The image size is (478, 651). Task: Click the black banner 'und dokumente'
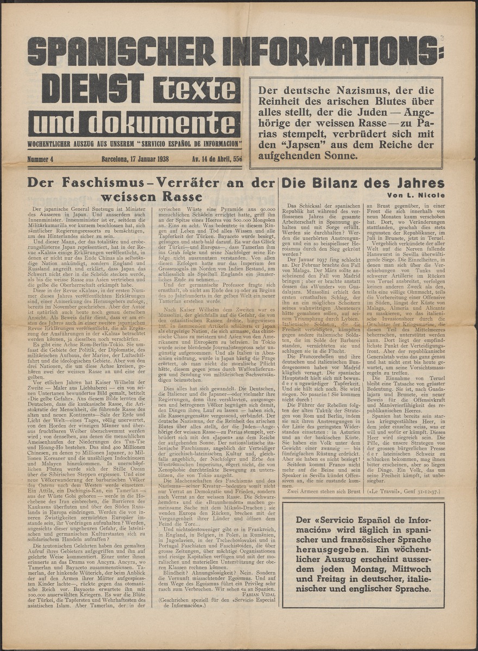click(x=134, y=124)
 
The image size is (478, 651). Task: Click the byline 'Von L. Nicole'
click(x=416, y=195)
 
